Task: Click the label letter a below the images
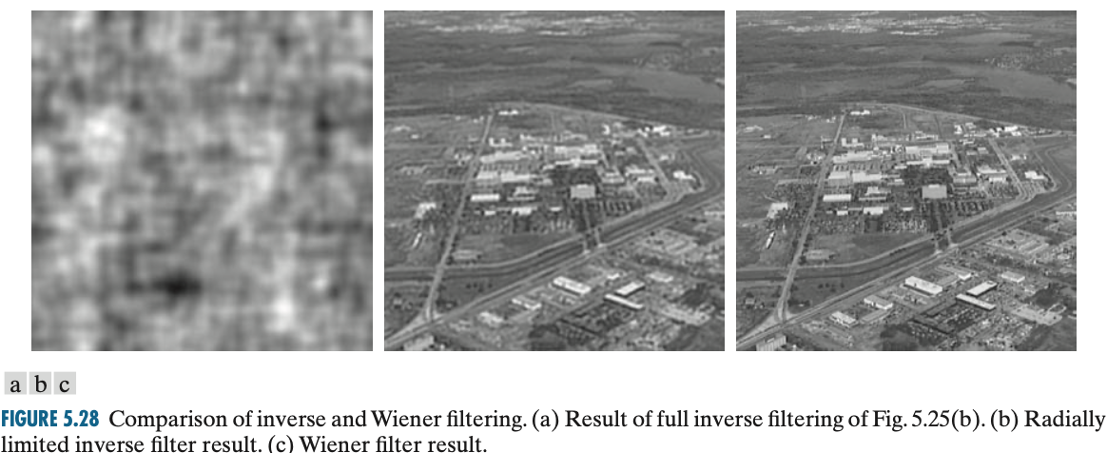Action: coord(15,385)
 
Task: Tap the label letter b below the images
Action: coord(40,385)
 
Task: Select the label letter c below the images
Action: coord(64,385)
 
